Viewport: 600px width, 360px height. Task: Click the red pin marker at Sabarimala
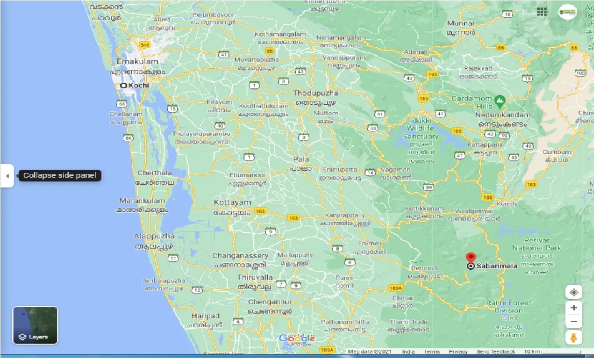coord(471,258)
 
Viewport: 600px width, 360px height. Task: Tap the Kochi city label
coord(138,86)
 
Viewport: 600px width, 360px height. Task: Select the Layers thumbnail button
coord(35,325)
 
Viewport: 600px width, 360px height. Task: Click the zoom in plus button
coord(574,308)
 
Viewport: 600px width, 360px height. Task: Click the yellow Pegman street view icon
coord(574,337)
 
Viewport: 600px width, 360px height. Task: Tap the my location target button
coord(574,293)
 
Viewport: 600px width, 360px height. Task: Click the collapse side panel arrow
coord(7,176)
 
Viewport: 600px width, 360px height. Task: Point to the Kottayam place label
coord(232,202)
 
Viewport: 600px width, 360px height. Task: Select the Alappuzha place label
coord(154,236)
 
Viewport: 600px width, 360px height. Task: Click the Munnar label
coord(461,23)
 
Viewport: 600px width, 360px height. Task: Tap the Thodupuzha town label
coord(315,93)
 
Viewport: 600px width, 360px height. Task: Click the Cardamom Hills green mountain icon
coord(500,100)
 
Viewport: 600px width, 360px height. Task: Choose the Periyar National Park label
coord(536,244)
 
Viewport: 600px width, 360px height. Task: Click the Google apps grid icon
coord(542,12)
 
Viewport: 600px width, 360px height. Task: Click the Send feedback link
coord(495,352)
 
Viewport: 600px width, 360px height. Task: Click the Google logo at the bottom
coord(297,338)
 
